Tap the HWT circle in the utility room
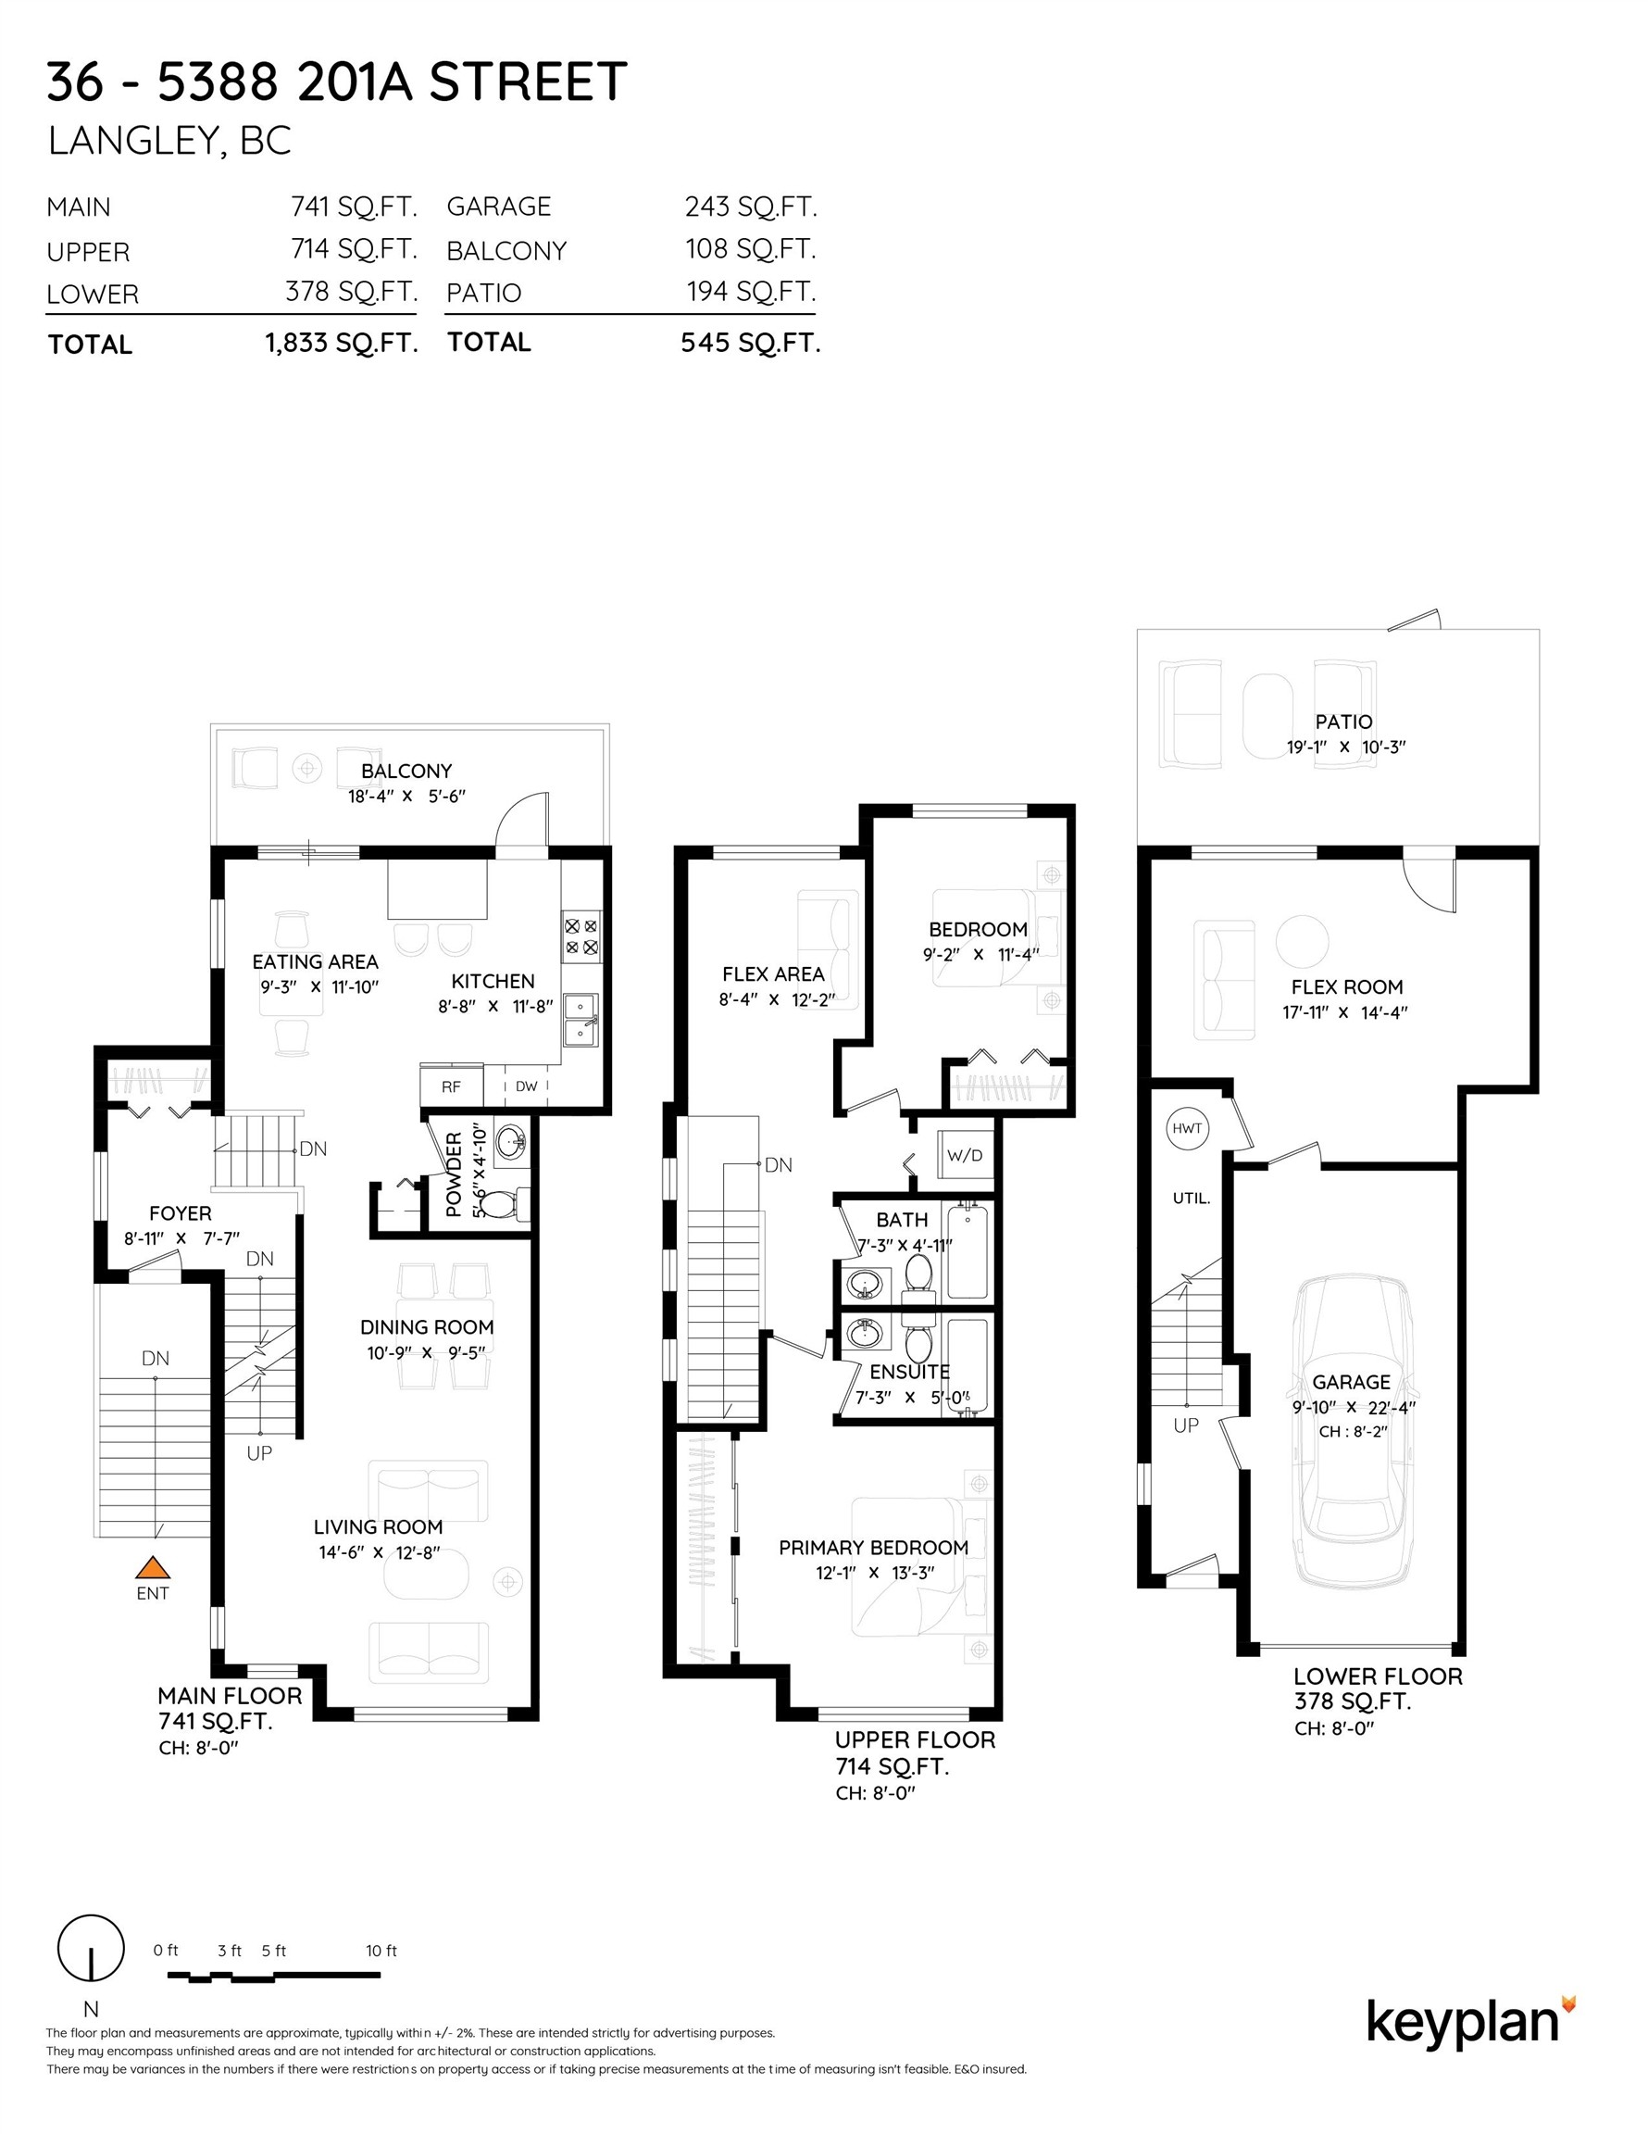click(1187, 1128)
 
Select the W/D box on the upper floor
click(965, 1156)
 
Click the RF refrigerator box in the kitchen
click(451, 1086)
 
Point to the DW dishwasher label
click(527, 1086)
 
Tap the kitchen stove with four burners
click(582, 935)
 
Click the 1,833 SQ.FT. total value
click(342, 343)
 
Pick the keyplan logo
click(1471, 2023)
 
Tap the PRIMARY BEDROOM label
click(873, 1547)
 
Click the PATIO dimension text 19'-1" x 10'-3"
click(1345, 747)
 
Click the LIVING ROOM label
click(378, 1526)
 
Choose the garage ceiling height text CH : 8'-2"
click(1353, 1431)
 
